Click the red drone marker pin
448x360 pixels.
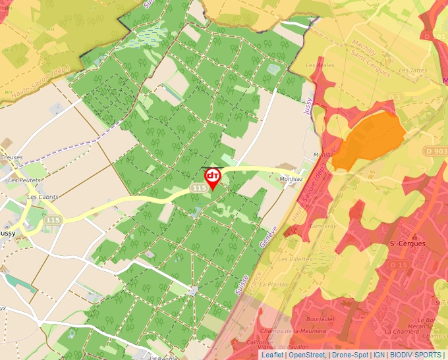click(212, 178)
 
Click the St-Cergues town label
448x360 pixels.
click(408, 244)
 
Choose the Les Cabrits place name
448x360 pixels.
click(43, 197)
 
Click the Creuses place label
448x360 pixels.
click(11, 158)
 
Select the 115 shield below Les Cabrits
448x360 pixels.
click(53, 219)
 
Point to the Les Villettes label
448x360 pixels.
click(294, 259)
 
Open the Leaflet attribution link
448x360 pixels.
click(271, 355)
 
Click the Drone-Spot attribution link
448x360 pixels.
click(349, 355)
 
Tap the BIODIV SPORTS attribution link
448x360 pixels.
click(416, 355)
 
